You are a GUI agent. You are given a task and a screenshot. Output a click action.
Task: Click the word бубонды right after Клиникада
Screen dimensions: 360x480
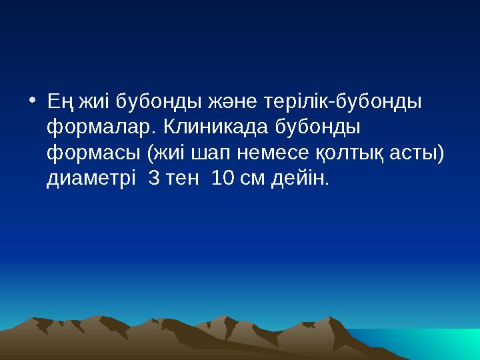click(x=317, y=127)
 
